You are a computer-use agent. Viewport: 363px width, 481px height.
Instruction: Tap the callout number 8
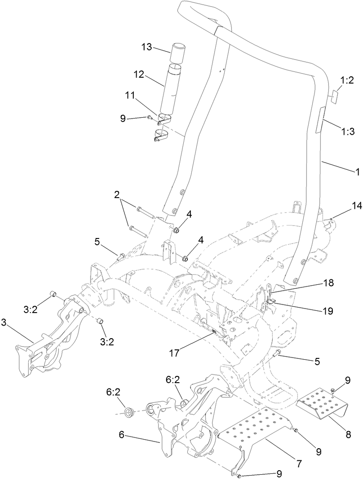[x=348, y=434]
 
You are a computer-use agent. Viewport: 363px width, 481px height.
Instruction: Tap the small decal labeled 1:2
[x=334, y=97]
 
